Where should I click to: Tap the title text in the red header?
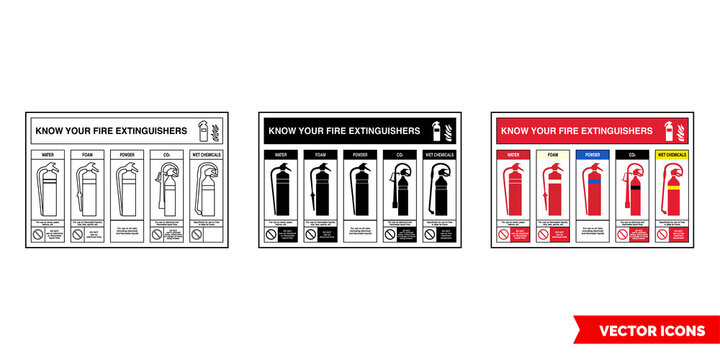(x=575, y=130)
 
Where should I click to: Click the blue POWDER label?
(x=592, y=156)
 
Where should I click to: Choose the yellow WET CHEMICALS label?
(x=673, y=156)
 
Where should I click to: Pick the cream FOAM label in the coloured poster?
(x=552, y=156)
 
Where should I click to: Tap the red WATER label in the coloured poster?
(x=512, y=156)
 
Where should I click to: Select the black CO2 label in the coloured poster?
(x=632, y=156)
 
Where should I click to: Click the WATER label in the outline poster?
(x=47, y=156)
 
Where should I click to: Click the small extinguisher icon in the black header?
(x=435, y=130)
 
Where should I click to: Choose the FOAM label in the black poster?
(x=319, y=156)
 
